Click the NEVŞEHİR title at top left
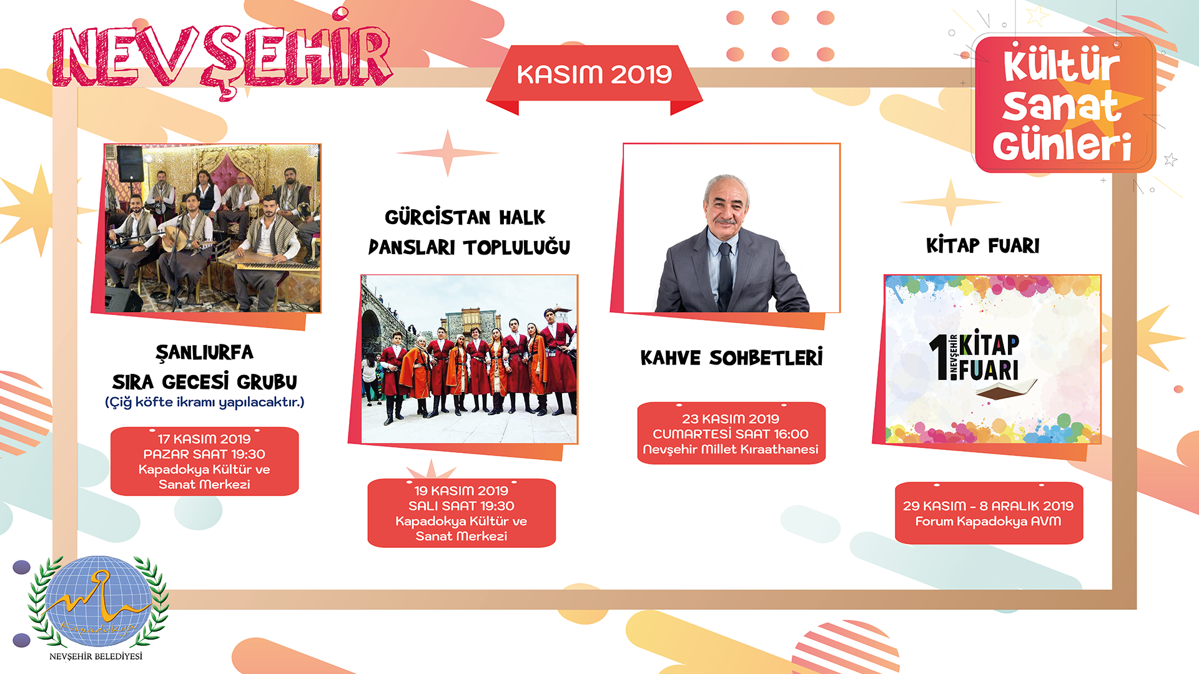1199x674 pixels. click(222, 57)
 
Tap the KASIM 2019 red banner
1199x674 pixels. click(595, 75)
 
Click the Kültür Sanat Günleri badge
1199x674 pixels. click(1065, 104)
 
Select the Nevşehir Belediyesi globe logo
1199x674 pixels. click(98, 601)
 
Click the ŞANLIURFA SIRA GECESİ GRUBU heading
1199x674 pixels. click(204, 367)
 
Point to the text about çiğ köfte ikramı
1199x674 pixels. click(204, 402)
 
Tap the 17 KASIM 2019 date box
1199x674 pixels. click(204, 461)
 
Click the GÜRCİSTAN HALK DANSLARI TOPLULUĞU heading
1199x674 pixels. click(469, 232)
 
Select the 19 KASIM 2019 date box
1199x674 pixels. click(461, 513)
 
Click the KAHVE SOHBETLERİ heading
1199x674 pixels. click(731, 358)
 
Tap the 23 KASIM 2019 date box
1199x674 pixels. click(731, 434)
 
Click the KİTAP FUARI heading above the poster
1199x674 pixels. click(983, 245)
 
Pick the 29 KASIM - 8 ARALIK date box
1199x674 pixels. click(989, 513)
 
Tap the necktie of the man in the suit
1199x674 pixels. click(725, 275)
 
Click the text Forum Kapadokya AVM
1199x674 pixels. click(989, 521)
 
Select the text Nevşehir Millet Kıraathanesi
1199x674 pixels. click(731, 449)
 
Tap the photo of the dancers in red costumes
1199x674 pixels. click(470, 359)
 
